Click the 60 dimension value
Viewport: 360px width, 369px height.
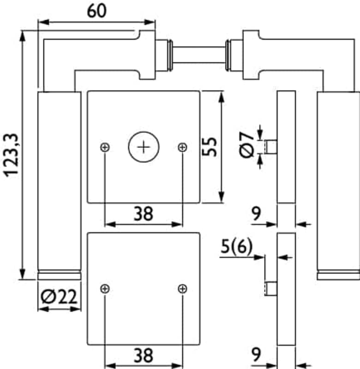[x=96, y=11]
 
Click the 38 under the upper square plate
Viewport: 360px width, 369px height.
[x=143, y=214]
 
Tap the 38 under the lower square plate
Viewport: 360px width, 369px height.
[x=143, y=356]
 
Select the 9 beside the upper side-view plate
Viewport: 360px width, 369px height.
[x=257, y=214]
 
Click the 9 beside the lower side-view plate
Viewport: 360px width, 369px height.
[x=257, y=355]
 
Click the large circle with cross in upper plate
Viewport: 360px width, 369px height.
[x=144, y=147]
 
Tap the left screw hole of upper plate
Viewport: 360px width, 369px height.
[x=105, y=147]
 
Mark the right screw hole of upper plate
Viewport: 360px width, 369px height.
[x=182, y=147]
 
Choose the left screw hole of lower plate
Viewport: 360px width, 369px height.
[x=105, y=289]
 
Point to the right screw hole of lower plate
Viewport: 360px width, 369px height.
[x=182, y=289]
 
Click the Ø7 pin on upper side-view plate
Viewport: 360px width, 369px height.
[x=271, y=147]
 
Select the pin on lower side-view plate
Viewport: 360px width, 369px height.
[x=271, y=289]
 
